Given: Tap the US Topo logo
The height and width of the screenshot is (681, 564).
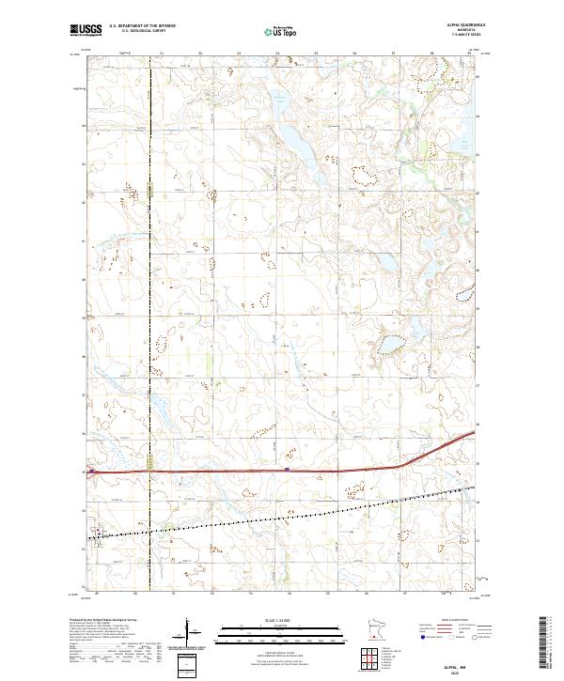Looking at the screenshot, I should pos(281,31).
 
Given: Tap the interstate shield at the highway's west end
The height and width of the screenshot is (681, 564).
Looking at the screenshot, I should pos(91,472).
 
